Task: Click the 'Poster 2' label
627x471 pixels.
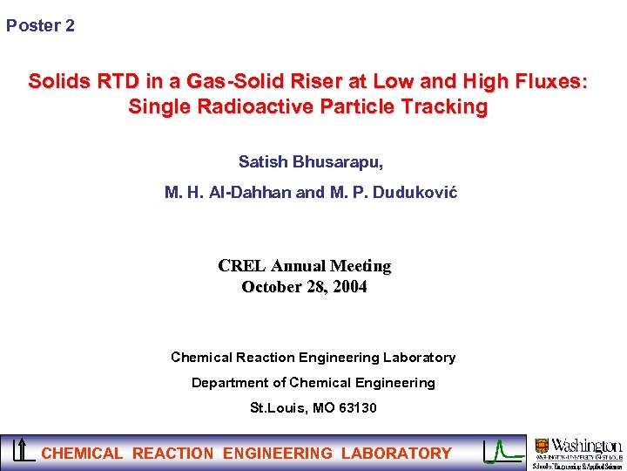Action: (40, 26)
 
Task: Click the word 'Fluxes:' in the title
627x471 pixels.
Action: (553, 82)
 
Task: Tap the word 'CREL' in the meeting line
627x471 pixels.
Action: (242, 266)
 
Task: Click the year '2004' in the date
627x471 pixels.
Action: (348, 287)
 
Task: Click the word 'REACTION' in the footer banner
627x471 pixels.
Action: (172, 454)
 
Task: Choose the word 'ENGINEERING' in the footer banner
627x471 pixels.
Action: (278, 454)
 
